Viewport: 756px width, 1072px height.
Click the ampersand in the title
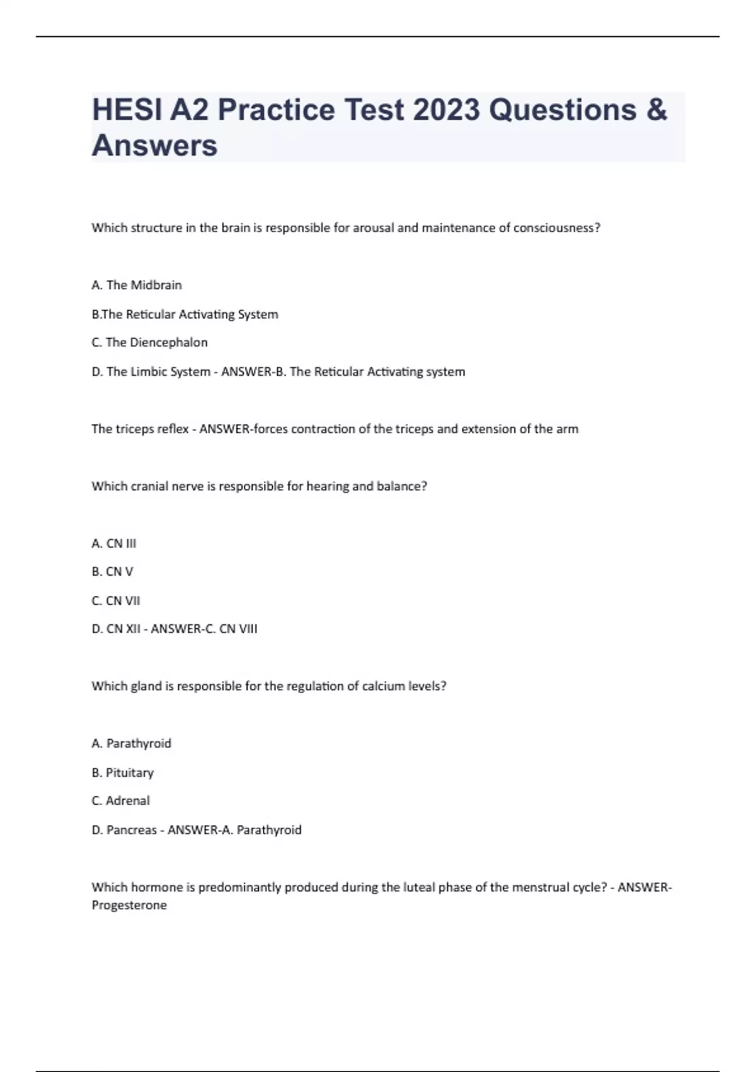[x=656, y=110]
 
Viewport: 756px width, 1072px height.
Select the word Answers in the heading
[x=155, y=146]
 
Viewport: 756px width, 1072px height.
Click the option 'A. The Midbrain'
[x=137, y=285]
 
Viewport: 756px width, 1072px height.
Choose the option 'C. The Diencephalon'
[x=149, y=342]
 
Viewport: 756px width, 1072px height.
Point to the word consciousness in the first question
[x=556, y=228]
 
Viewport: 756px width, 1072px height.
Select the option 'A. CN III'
[x=114, y=543]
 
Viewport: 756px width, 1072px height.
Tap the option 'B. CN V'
[x=113, y=571]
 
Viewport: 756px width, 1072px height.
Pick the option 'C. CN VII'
[x=116, y=600]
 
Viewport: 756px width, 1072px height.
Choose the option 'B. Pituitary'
[x=123, y=772]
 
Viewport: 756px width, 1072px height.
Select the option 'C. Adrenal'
[x=121, y=801]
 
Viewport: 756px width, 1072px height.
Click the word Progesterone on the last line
[x=129, y=906]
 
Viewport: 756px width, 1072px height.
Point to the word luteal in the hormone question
[x=418, y=887]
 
